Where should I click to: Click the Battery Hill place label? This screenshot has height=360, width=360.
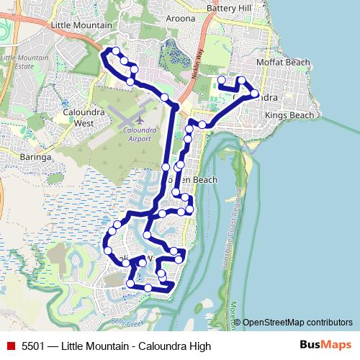pos(230,8)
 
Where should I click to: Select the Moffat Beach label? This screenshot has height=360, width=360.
pos(287,63)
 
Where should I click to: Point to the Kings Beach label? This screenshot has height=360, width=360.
pos(289,115)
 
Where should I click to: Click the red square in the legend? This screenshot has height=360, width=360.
pos(12,346)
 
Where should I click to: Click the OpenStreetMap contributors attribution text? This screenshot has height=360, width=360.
pos(297,323)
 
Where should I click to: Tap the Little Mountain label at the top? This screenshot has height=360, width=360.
pos(82,24)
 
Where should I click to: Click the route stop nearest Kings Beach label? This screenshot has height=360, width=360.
pos(255,94)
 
